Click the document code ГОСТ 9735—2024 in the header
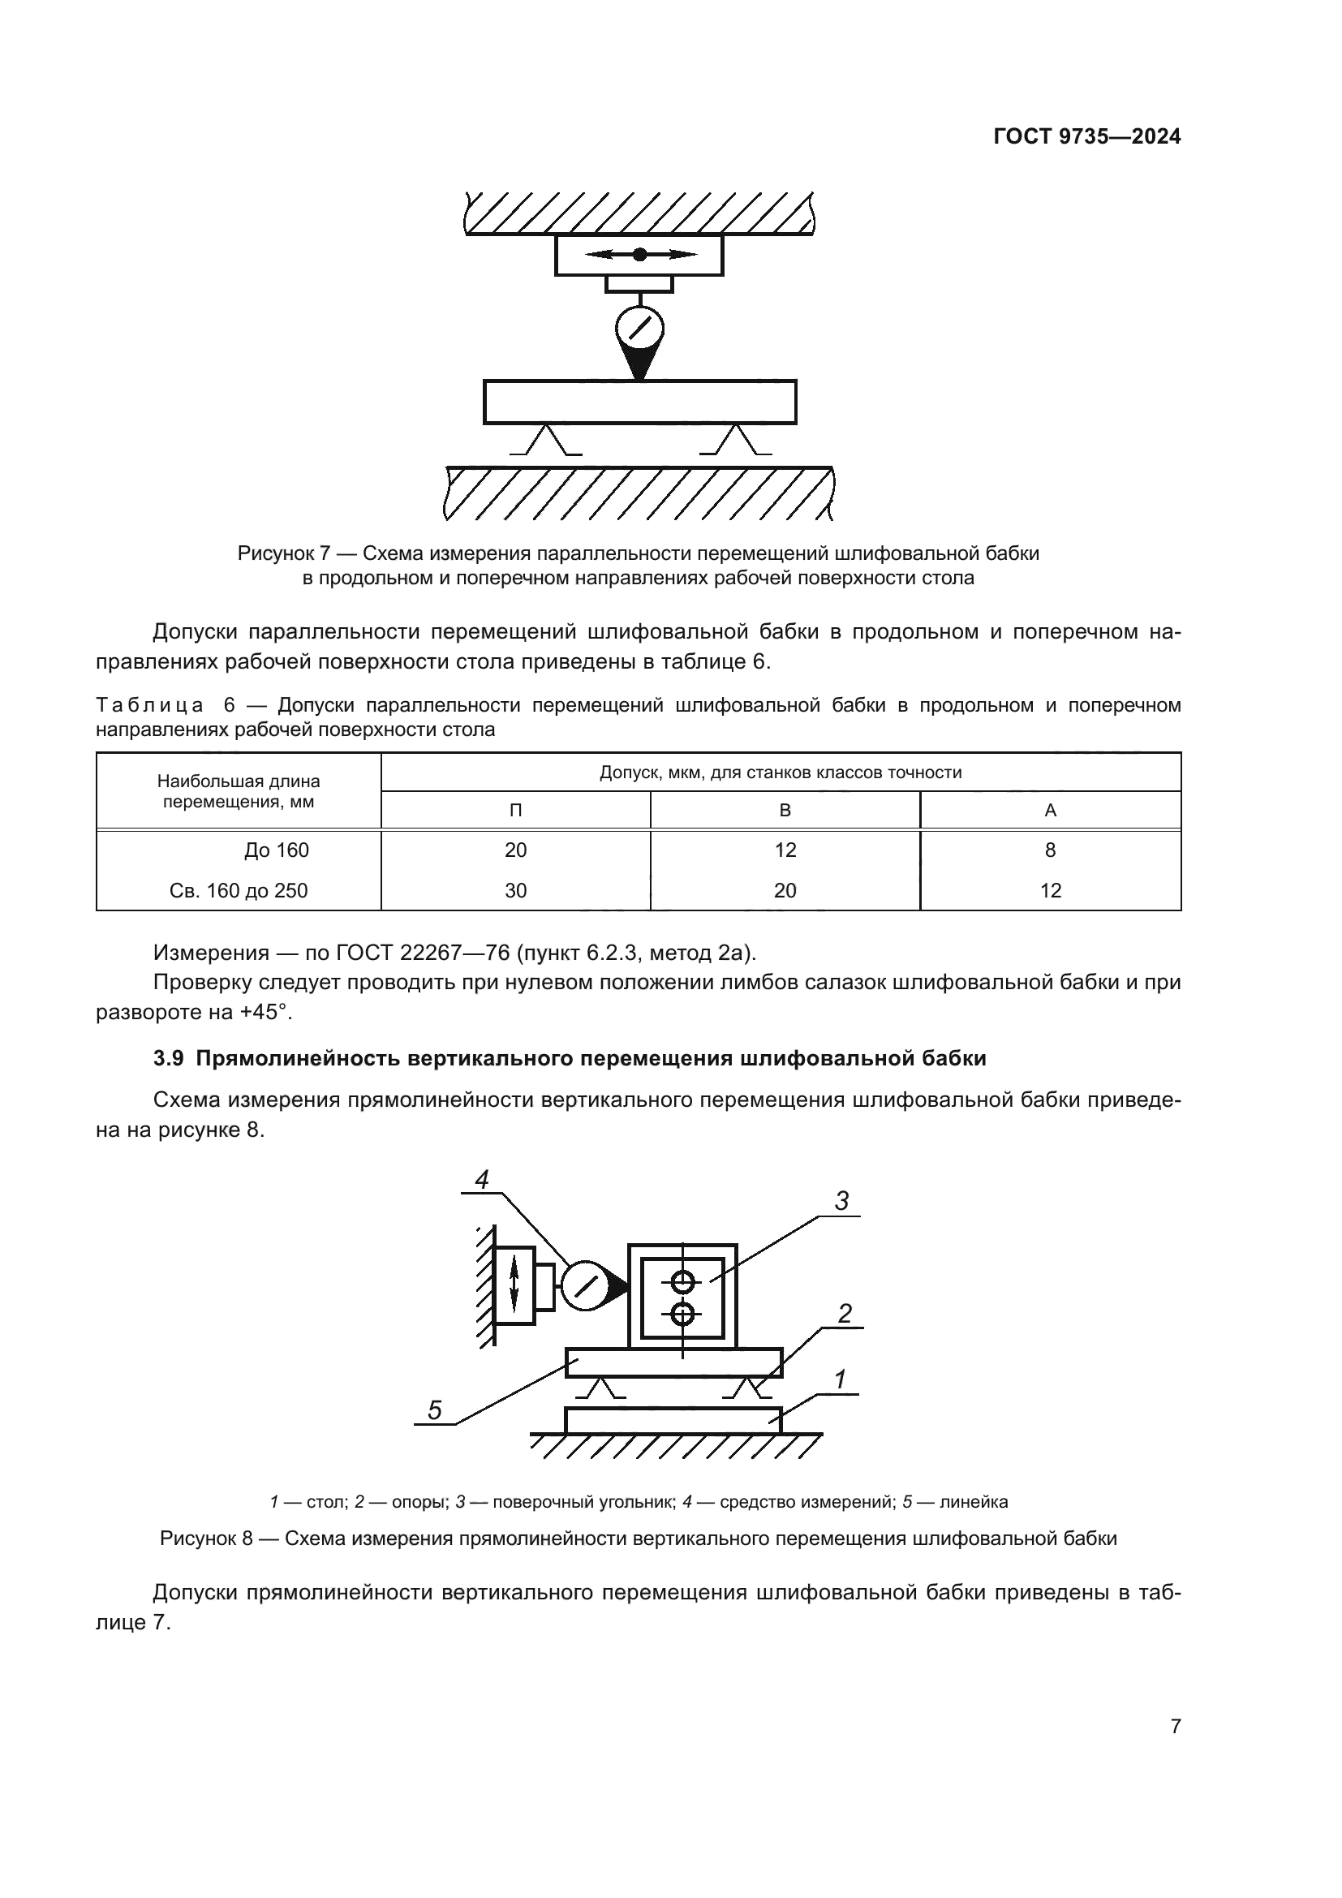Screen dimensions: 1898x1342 coord(1086,137)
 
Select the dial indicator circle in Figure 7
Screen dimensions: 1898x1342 coord(639,329)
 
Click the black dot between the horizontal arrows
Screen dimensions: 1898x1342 coord(639,255)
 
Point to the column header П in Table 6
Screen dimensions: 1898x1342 coord(515,810)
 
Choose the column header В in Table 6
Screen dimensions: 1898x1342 coord(785,810)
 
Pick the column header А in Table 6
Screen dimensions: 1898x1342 coord(1049,810)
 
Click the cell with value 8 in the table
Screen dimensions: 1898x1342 coord(1049,850)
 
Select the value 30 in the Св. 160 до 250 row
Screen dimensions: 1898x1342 coord(515,890)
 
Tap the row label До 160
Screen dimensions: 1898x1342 coord(276,850)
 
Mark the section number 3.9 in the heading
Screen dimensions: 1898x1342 coord(170,1059)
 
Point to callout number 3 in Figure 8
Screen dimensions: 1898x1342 coord(841,1201)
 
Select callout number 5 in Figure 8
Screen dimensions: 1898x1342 coord(435,1410)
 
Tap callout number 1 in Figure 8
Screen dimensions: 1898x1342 coord(841,1379)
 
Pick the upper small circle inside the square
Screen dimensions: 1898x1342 coord(682,1282)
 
